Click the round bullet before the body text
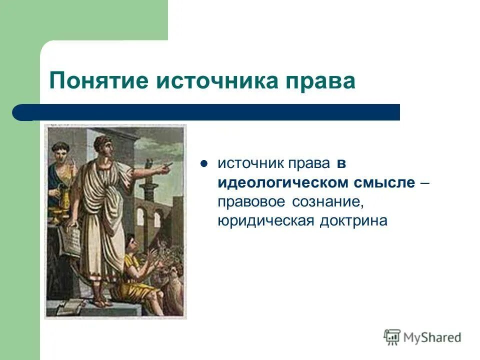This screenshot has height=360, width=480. pos(203,163)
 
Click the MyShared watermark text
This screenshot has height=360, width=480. pos(432,337)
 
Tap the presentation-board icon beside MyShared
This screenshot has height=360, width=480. pos(392,337)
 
